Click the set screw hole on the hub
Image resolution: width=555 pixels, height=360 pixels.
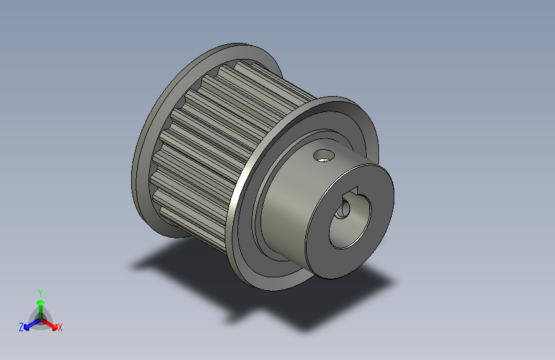tap(323, 154)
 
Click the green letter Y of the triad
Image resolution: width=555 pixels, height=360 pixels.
tap(40, 291)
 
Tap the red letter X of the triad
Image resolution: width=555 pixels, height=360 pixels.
tap(60, 327)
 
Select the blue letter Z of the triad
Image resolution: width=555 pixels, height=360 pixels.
tap(21, 327)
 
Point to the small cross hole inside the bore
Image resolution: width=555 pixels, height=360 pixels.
tap(344, 209)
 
